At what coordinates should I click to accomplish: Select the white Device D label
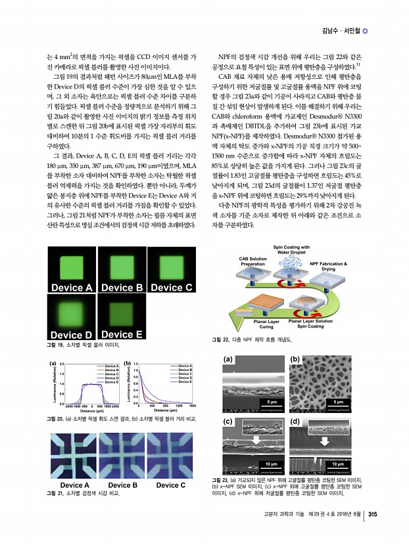tap(71, 335)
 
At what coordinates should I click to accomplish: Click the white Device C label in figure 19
tap(170, 288)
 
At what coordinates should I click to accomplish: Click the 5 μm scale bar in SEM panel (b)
tap(339, 401)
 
